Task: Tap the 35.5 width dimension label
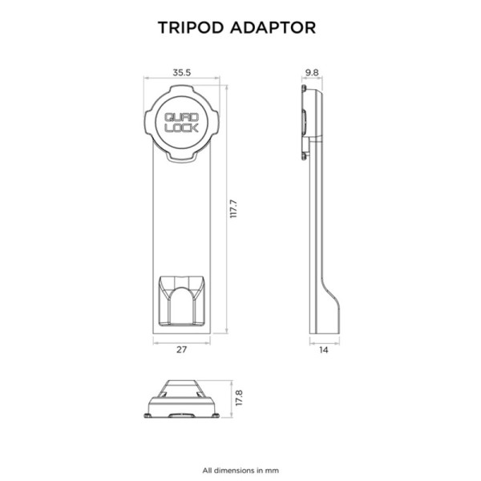pyautogui.click(x=181, y=72)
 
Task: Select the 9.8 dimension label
pyautogui.click(x=312, y=72)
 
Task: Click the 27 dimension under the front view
pyautogui.click(x=181, y=350)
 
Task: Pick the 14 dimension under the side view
pyautogui.click(x=322, y=350)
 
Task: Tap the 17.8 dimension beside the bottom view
pyautogui.click(x=238, y=398)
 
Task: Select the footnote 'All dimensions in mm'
pyautogui.click(x=240, y=470)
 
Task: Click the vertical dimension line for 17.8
pyautogui.click(x=228, y=398)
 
